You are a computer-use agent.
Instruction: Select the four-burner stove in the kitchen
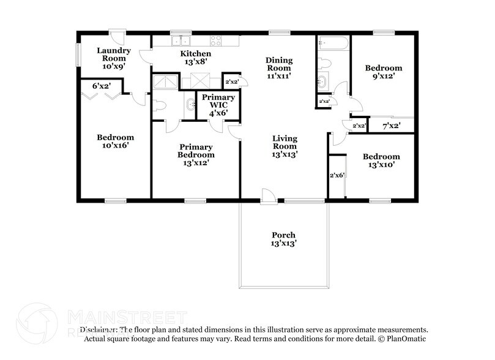coord(216,41)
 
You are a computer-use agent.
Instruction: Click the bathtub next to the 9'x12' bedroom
coord(332,43)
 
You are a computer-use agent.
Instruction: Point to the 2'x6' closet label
coord(337,175)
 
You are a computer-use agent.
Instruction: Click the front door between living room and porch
coord(268,197)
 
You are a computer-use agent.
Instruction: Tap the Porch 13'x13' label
coord(283,239)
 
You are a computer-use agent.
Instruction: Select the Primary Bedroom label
coord(196,151)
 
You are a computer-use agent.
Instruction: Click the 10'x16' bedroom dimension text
coord(115,146)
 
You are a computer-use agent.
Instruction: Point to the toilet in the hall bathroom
coord(326,63)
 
